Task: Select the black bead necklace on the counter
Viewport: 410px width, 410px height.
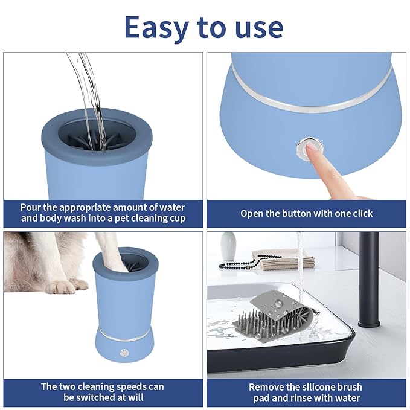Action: pyautogui.click(x=242, y=264)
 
